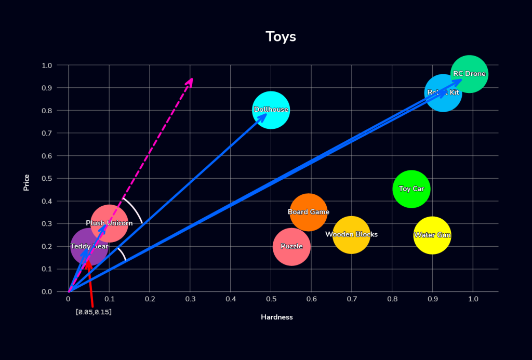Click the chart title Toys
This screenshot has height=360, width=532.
(x=281, y=37)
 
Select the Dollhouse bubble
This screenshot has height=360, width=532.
(x=271, y=110)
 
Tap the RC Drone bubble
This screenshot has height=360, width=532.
(x=469, y=74)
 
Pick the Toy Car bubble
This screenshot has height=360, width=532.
(x=411, y=189)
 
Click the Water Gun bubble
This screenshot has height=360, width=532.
(x=432, y=235)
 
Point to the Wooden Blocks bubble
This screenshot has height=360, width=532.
(x=351, y=235)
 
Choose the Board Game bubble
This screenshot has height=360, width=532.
(x=309, y=212)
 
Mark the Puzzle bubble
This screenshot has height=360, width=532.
(x=291, y=246)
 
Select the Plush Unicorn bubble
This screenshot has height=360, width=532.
(x=109, y=223)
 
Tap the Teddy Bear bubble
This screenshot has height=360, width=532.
(x=89, y=247)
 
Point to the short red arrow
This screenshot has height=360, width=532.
(x=90, y=283)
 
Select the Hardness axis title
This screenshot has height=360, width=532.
(x=276, y=317)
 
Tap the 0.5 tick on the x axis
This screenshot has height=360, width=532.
(x=271, y=300)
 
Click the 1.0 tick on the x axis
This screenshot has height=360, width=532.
(x=473, y=300)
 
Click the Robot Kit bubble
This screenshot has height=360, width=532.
(x=443, y=92)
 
